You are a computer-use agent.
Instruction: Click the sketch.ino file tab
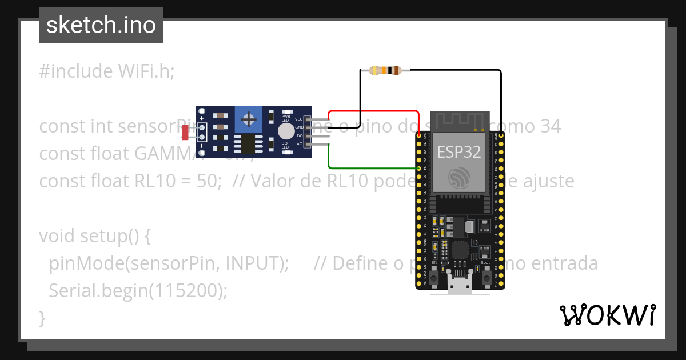pyautogui.click(x=101, y=25)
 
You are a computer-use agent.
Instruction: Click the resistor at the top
pyautogui.click(x=389, y=70)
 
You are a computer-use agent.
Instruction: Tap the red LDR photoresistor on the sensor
pyautogui.click(x=185, y=133)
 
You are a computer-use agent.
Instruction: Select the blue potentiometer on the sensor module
pyautogui.click(x=248, y=119)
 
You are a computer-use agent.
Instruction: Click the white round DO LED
pyautogui.click(x=285, y=131)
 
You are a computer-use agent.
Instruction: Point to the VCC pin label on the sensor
pyautogui.click(x=298, y=119)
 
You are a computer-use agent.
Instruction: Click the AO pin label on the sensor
pyautogui.click(x=299, y=144)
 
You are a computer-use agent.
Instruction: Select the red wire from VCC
pyautogui.click(x=372, y=111)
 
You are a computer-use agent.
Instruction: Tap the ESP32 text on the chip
pyautogui.click(x=459, y=152)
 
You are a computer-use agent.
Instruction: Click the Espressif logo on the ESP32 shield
pyautogui.click(x=460, y=178)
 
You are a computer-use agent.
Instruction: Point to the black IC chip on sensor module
pyautogui.click(x=248, y=144)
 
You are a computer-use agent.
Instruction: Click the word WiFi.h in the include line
pyautogui.click(x=146, y=71)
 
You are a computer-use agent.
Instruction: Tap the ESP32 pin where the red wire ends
pyautogui.click(x=420, y=135)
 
